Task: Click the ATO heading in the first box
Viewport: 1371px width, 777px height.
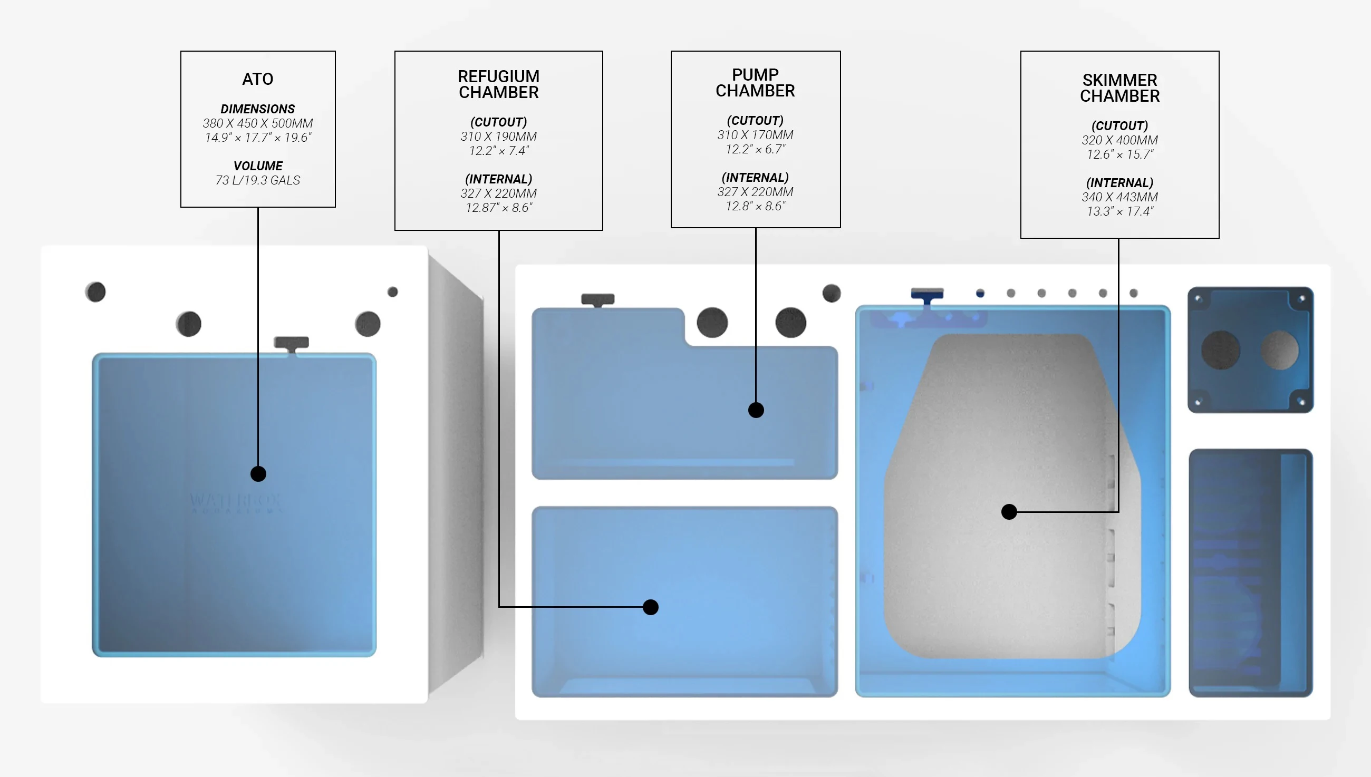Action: point(258,79)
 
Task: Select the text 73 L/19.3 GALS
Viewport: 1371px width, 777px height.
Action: point(258,180)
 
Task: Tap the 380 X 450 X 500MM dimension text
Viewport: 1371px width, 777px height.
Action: point(258,123)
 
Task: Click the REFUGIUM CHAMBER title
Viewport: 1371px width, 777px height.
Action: point(498,84)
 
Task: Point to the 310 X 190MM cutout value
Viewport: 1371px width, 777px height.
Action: point(498,137)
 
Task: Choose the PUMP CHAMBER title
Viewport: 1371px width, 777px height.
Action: point(755,83)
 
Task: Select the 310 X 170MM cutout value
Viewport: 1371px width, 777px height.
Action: point(755,135)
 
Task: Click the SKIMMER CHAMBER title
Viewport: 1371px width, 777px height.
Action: point(1119,88)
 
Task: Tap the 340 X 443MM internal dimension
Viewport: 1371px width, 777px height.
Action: point(1119,197)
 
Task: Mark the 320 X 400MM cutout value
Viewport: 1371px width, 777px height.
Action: point(1119,140)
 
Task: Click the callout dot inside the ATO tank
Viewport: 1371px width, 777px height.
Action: point(258,474)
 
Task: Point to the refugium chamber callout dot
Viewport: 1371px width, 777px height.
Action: point(651,607)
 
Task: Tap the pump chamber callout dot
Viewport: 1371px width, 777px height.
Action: point(756,410)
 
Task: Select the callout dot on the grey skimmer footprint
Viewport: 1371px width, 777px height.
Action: point(1009,512)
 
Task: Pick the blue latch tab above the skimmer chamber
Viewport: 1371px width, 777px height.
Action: point(927,296)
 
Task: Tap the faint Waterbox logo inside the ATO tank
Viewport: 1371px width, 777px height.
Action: point(235,503)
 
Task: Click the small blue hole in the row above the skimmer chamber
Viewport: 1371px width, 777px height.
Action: point(980,293)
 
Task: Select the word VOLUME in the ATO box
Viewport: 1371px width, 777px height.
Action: point(258,166)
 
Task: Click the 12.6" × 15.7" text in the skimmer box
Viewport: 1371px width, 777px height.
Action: point(1119,155)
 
